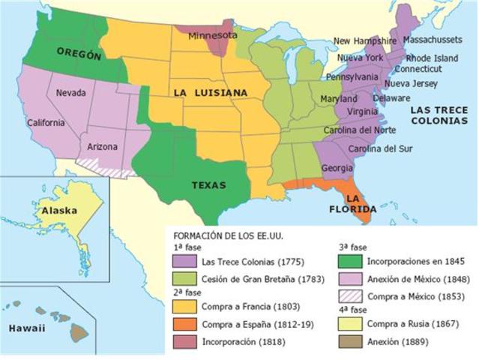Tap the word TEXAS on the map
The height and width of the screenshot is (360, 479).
(x=208, y=185)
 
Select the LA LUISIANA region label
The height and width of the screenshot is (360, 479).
(x=211, y=92)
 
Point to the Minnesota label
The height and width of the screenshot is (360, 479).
(x=212, y=35)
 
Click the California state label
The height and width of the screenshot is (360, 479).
(x=46, y=122)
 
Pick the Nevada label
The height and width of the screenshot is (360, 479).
(x=70, y=93)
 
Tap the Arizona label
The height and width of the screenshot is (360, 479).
(x=103, y=147)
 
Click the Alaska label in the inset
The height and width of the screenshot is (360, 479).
(x=59, y=211)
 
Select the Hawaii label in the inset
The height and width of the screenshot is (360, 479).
(x=26, y=328)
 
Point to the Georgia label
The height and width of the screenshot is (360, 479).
(x=337, y=168)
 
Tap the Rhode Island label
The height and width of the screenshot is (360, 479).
(x=432, y=58)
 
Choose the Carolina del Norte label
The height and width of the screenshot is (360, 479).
(x=359, y=130)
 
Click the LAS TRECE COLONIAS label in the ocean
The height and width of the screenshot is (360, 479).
(x=439, y=115)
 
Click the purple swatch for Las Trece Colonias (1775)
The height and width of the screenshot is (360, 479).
(x=184, y=262)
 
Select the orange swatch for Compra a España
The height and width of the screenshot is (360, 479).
(x=184, y=324)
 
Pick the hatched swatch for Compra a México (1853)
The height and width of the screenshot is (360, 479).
(x=350, y=295)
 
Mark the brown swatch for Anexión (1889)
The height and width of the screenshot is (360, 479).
(x=350, y=342)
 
